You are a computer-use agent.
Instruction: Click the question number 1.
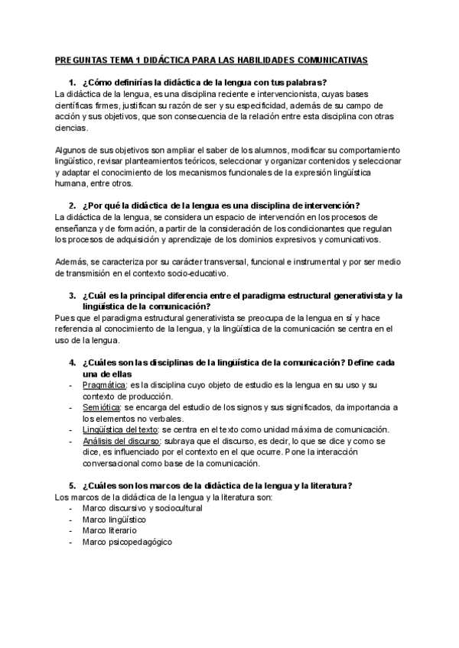(71, 83)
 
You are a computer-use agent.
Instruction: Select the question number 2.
(71, 205)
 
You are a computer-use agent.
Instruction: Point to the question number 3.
(71, 295)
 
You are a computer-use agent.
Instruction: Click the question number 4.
(71, 362)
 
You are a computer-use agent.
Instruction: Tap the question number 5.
(71, 486)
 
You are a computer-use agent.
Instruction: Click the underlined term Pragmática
(104, 385)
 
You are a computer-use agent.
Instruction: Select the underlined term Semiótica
(102, 407)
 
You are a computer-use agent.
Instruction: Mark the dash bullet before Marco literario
(71, 530)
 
